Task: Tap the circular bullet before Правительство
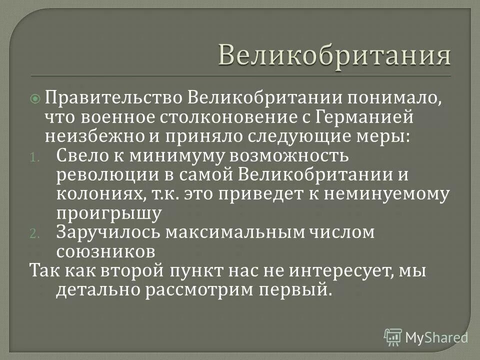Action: tap(35, 99)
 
